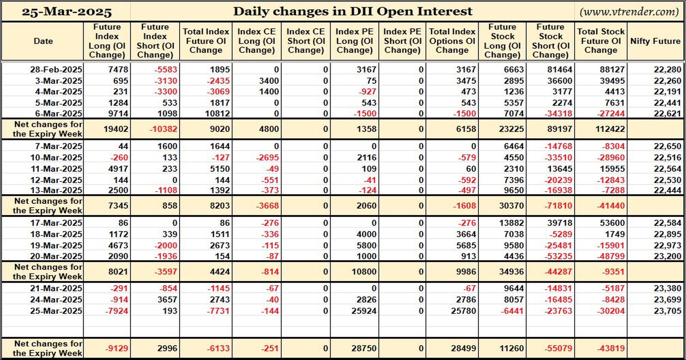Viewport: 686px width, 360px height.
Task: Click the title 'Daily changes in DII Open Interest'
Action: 353,11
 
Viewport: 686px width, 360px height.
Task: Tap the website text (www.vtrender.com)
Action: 629,12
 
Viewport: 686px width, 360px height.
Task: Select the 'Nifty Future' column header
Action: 655,41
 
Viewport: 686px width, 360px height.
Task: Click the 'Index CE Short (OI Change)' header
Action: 306,41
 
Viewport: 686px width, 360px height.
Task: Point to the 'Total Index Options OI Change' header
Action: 452,41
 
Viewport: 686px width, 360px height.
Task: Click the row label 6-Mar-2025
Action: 56,113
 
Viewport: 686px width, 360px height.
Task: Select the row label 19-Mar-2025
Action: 56,245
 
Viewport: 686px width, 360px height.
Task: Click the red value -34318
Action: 558,113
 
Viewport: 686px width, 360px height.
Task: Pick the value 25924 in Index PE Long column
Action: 364,311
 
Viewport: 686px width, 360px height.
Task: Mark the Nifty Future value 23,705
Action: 667,311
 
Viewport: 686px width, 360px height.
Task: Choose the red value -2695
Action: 267,158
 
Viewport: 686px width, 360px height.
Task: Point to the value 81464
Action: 560,70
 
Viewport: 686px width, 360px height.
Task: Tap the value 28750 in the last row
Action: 364,348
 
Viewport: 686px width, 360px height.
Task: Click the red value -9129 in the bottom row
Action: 117,348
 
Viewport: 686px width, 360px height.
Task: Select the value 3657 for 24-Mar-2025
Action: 167,300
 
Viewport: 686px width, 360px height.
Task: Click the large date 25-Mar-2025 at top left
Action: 67,12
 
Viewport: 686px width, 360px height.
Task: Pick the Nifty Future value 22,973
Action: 667,245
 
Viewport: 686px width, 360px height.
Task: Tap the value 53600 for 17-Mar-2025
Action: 612,223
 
